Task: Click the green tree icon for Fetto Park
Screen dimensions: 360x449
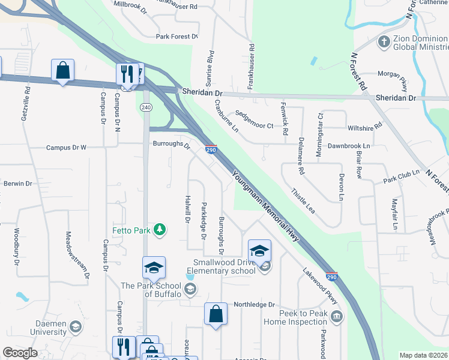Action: (x=160, y=229)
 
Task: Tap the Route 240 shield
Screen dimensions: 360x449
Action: (x=146, y=107)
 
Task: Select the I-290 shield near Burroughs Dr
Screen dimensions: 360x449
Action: (x=211, y=150)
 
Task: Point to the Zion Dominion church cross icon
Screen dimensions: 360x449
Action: (x=384, y=42)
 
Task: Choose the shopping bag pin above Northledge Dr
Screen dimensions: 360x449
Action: (x=215, y=314)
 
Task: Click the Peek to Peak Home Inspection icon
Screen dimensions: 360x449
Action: (x=336, y=316)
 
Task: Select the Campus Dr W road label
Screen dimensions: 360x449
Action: (x=67, y=147)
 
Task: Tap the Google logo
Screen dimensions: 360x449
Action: (x=20, y=353)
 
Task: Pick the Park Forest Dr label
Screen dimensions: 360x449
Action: (x=176, y=37)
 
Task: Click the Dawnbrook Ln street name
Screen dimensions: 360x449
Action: (x=349, y=146)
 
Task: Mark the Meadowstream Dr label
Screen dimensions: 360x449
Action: (x=77, y=254)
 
